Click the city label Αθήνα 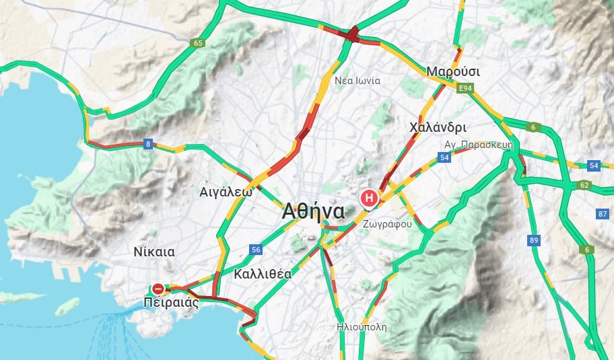click(314, 211)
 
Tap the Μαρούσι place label click(452, 71)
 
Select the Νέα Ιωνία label click(357, 81)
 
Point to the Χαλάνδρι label click(438, 127)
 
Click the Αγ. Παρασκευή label click(479, 145)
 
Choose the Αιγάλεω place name click(226, 191)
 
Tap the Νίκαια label click(154, 252)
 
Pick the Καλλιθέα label click(263, 274)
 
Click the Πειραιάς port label click(172, 302)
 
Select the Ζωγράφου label click(386, 224)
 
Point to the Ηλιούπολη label click(362, 327)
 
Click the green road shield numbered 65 click(197, 43)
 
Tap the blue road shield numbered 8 click(148, 143)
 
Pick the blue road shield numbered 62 click(584, 184)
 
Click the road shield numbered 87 click(602, 214)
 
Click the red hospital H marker click(369, 198)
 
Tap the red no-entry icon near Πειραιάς click(158, 289)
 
